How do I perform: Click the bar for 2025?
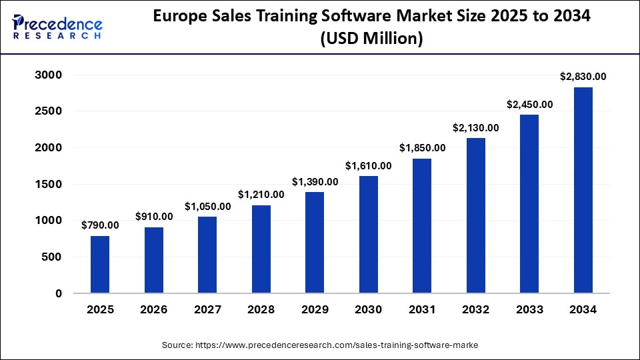click(x=100, y=264)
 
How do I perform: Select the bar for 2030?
click(x=369, y=234)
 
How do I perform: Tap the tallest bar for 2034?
click(x=583, y=190)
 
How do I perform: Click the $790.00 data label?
click(x=100, y=225)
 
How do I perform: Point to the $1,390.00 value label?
click(x=315, y=181)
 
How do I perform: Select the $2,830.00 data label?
click(x=583, y=77)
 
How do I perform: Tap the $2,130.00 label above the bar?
click(x=476, y=127)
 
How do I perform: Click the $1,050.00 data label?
click(x=207, y=206)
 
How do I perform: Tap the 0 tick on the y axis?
click(x=58, y=293)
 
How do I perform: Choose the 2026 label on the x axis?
click(x=153, y=309)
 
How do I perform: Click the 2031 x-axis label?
click(x=422, y=309)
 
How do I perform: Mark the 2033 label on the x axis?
click(x=529, y=309)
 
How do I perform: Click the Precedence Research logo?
click(x=58, y=27)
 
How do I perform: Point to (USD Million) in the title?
click(x=371, y=39)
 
